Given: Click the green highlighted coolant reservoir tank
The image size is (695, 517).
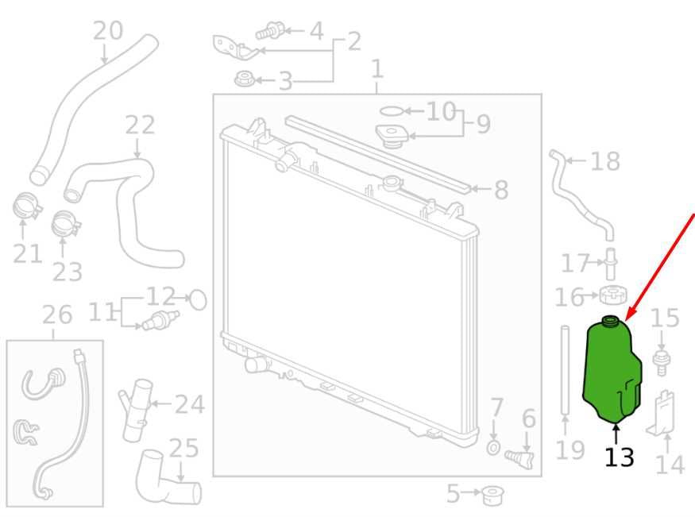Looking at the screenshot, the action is [612, 370].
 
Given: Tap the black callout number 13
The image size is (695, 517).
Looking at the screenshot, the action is [620, 457].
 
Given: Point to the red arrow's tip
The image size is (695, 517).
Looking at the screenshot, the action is [625, 320].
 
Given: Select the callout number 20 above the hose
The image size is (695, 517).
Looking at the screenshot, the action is [108, 30].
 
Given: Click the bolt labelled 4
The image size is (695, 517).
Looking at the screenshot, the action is [270, 32].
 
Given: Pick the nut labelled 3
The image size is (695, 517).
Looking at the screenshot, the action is [244, 79].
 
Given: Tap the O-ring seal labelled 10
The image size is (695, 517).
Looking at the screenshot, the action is [392, 110].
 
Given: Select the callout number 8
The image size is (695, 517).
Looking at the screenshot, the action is [501, 190].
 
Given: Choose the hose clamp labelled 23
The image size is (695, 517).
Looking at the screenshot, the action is [66, 224].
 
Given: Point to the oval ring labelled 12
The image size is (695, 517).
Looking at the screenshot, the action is [198, 300].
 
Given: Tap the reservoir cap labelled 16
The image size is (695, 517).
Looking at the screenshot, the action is [613, 295].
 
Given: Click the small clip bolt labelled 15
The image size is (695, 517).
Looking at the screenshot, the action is [662, 363].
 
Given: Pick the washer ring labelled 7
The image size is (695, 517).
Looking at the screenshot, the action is [493, 448].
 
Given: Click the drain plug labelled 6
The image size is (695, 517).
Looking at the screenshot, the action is [520, 458].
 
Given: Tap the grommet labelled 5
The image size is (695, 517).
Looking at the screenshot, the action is [492, 496].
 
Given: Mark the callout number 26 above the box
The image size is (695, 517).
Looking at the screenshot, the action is [57, 314].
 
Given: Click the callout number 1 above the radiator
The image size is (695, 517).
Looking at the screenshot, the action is [376, 68].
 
